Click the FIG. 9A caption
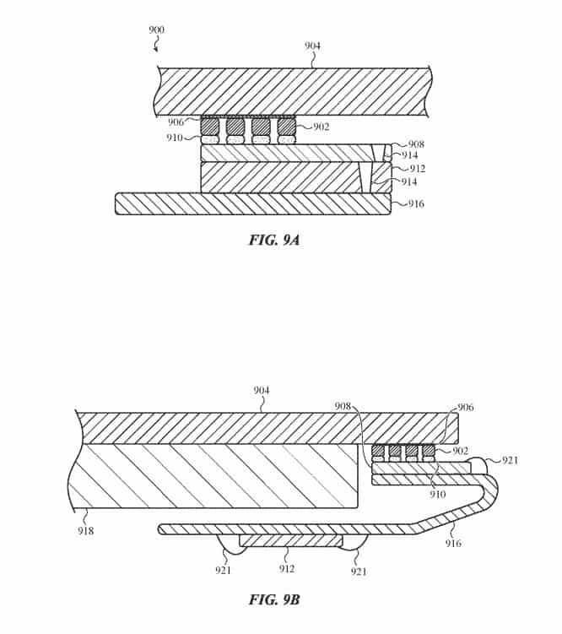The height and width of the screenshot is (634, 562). (274, 240)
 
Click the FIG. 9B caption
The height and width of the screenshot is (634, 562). (274, 599)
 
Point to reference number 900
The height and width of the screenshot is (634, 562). (156, 30)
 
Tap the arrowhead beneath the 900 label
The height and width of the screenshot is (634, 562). (155, 50)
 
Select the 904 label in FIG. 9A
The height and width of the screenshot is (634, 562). (312, 46)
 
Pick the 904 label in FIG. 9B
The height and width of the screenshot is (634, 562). (262, 391)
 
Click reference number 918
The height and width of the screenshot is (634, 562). (86, 530)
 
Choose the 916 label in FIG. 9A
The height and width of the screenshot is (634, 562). (416, 203)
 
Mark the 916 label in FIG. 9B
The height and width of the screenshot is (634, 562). (453, 543)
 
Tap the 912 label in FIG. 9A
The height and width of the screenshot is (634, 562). (418, 169)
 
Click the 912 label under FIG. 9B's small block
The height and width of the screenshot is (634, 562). (286, 569)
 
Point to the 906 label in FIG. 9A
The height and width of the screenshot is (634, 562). (176, 122)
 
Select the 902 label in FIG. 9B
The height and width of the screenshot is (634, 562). (460, 451)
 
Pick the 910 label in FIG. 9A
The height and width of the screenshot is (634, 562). (175, 138)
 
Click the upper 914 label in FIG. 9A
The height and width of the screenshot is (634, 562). (409, 155)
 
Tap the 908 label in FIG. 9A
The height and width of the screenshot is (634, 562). (416, 144)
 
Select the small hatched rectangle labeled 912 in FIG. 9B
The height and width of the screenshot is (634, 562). (291, 540)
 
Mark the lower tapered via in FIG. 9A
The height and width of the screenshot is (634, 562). (365, 177)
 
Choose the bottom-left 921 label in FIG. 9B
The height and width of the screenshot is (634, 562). (223, 570)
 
